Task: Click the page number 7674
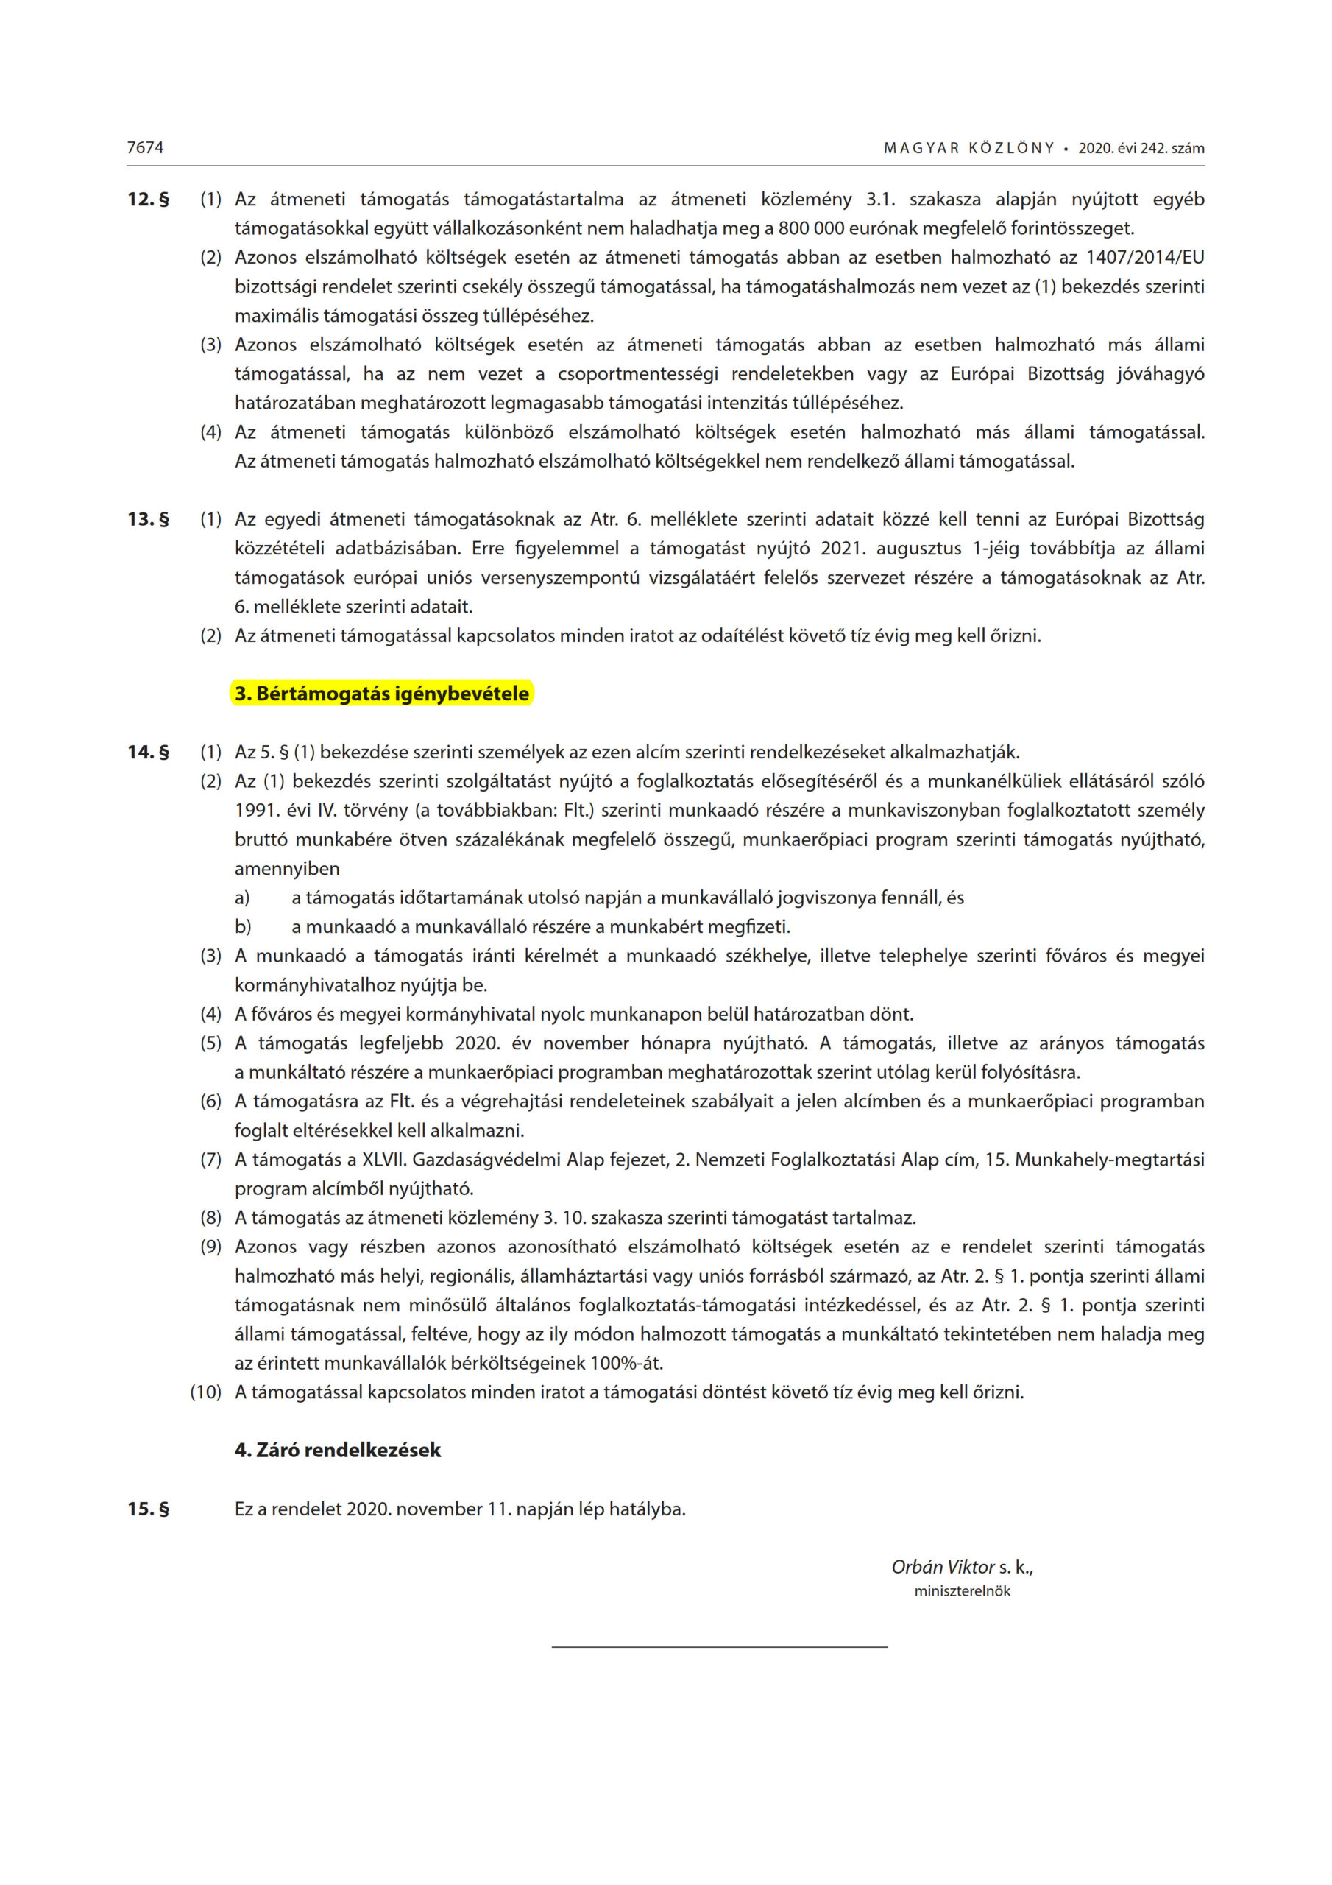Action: pyautogui.click(x=145, y=148)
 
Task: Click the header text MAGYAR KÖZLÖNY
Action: pyautogui.click(x=968, y=149)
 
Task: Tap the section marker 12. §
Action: pyautogui.click(x=149, y=200)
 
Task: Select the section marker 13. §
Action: pyautogui.click(x=149, y=520)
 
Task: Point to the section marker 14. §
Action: pyautogui.click(x=149, y=752)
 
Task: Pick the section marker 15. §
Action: pyautogui.click(x=149, y=1509)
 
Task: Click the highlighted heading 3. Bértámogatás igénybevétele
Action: pyautogui.click(x=382, y=694)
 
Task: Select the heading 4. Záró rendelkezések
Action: pyautogui.click(x=337, y=1451)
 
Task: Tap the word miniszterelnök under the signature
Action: pyautogui.click(x=962, y=1591)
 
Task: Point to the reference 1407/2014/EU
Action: pyautogui.click(x=1145, y=258)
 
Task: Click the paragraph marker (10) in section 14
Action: pyautogui.click(x=206, y=1392)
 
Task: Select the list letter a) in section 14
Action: pyautogui.click(x=242, y=898)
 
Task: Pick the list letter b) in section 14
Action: pyautogui.click(x=243, y=928)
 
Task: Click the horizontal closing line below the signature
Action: pyautogui.click(x=719, y=1647)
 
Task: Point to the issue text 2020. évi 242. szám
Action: pyautogui.click(x=1141, y=149)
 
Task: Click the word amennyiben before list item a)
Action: pyautogui.click(x=287, y=869)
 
